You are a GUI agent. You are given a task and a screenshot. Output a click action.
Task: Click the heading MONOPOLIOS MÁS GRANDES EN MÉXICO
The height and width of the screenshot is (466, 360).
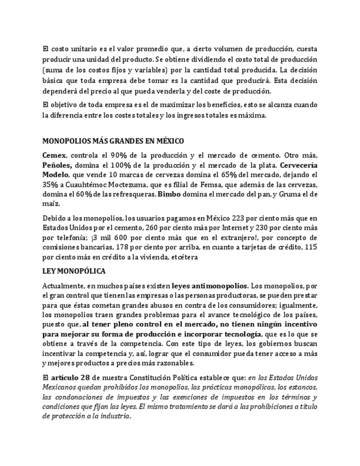click(x=113, y=141)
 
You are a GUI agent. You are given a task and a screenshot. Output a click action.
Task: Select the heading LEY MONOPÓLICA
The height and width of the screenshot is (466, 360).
click(x=74, y=271)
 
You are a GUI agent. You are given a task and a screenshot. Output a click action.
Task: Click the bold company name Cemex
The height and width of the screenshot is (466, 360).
click(x=54, y=156)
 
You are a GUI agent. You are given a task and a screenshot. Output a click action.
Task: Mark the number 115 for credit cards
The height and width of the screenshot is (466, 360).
click(x=311, y=247)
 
